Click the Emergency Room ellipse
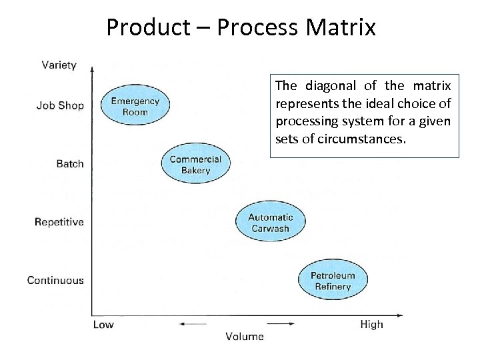[x=135, y=107]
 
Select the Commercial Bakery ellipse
[x=195, y=165]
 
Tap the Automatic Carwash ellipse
[x=270, y=223]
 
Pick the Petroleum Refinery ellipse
[x=333, y=281]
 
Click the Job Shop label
[x=60, y=105]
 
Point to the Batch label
[x=70, y=164]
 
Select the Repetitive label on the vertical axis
[x=59, y=222]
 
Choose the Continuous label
[x=55, y=280]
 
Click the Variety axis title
[x=59, y=65]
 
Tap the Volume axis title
[x=245, y=337]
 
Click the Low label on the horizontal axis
[x=103, y=325]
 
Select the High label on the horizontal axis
[x=371, y=325]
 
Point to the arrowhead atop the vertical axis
[x=92, y=67]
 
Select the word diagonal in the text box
[x=329, y=86]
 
